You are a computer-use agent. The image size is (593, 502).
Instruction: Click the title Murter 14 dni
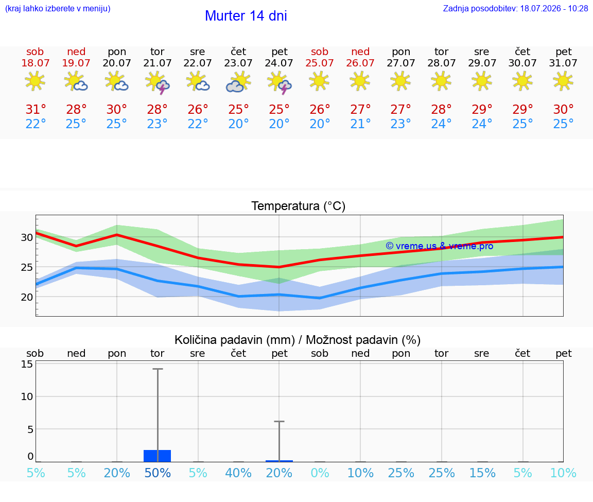tap(246, 16)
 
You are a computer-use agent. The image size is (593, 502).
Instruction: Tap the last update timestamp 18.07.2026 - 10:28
tap(554, 8)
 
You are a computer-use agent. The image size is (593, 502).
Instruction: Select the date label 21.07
tap(158, 63)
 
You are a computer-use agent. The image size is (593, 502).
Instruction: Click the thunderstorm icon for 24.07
tap(280, 82)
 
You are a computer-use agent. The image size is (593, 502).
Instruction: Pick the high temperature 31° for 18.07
tap(36, 109)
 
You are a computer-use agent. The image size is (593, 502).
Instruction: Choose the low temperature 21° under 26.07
tap(360, 124)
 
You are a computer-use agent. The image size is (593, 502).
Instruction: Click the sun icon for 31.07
tap(563, 81)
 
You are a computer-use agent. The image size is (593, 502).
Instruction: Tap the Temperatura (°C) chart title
tap(299, 206)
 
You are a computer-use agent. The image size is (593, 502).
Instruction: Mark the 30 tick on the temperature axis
tap(27, 237)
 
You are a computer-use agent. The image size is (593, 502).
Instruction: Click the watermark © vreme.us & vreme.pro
tap(440, 246)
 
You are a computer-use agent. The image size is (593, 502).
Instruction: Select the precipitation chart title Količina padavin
tap(235, 340)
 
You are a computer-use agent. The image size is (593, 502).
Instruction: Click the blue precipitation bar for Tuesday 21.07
tap(158, 456)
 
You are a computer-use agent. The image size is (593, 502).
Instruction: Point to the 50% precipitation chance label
tap(158, 473)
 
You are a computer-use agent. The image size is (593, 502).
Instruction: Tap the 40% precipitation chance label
tap(238, 473)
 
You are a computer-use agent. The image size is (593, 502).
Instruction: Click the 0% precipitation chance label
tap(320, 473)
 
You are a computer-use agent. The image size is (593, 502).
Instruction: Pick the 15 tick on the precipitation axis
tap(27, 364)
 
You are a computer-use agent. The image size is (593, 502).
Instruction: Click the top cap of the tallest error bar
tap(158, 369)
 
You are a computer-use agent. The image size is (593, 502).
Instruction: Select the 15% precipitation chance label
tap(482, 473)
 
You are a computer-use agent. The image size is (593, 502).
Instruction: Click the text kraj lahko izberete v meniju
tap(58, 8)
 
